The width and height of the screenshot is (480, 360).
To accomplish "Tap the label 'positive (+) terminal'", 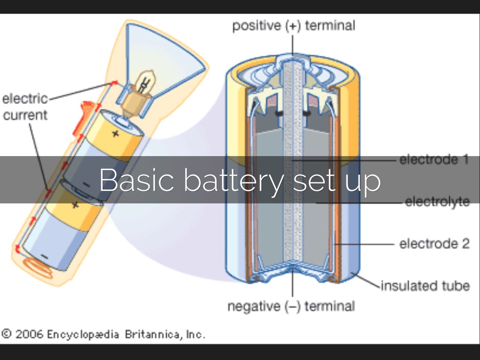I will coord(293,25).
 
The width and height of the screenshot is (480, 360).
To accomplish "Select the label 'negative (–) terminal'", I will coord(291,307).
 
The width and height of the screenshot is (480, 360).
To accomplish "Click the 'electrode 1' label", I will coord(434,160).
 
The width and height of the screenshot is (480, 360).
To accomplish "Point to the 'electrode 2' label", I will coord(434,244).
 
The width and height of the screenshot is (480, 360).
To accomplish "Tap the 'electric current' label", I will coord(25,107).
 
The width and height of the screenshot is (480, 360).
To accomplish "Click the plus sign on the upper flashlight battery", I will coord(115,133).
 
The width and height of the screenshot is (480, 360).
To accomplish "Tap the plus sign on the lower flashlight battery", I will coord(75,205).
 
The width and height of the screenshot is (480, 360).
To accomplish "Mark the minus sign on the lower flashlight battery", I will coord(44,256).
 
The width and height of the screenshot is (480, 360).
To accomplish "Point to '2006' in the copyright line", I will coord(29,335).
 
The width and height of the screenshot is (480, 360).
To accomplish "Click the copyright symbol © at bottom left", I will coord(7,334).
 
